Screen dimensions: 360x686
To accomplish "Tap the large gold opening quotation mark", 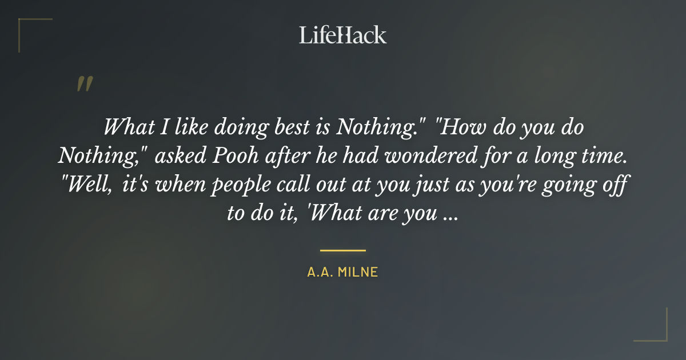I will click(x=85, y=83).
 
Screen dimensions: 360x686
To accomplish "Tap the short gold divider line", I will click(x=343, y=250).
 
